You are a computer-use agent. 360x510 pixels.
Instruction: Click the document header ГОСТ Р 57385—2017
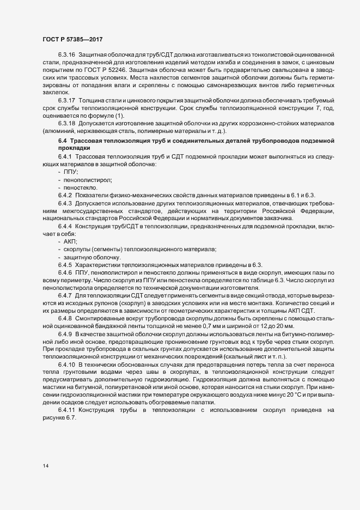pos(72,39)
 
